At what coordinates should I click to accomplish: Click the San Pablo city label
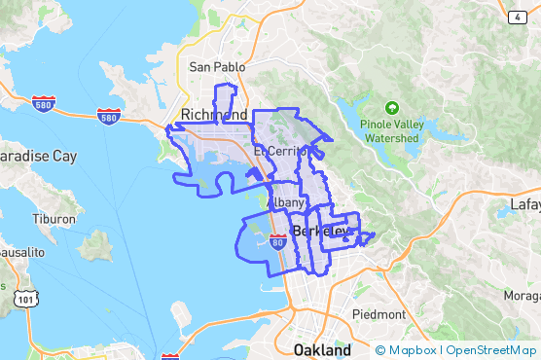(213, 67)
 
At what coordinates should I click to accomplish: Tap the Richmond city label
(214, 115)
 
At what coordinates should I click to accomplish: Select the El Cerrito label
(280, 153)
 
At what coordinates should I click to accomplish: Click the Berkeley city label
(320, 232)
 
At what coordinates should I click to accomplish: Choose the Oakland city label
(322, 349)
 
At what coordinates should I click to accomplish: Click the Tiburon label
(53, 219)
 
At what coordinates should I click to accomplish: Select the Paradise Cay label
(37, 156)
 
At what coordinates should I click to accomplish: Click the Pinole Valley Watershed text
(391, 131)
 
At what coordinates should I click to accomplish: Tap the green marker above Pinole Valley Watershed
(391, 107)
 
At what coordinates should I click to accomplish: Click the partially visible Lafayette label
(525, 205)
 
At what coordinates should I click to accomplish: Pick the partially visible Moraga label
(523, 294)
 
